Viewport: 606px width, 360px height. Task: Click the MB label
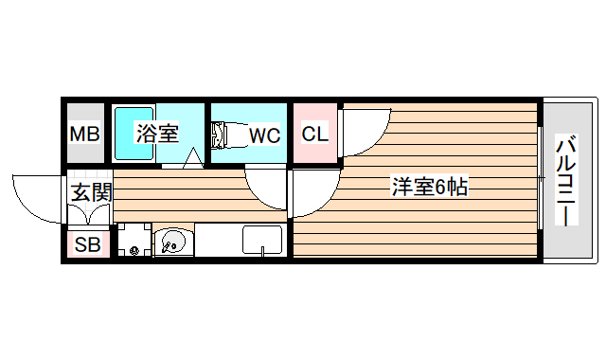[84, 135]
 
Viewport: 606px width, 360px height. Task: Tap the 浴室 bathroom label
[156, 134]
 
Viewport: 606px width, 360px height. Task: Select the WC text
[264, 135]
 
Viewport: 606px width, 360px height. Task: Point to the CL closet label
[314, 134]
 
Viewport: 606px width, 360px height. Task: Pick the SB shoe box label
[87, 244]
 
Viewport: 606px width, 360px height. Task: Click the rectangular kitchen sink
[262, 240]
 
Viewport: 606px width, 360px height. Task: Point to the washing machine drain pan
[134, 241]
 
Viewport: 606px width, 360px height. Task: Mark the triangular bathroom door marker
[193, 158]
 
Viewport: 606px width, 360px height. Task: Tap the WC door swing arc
[266, 186]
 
